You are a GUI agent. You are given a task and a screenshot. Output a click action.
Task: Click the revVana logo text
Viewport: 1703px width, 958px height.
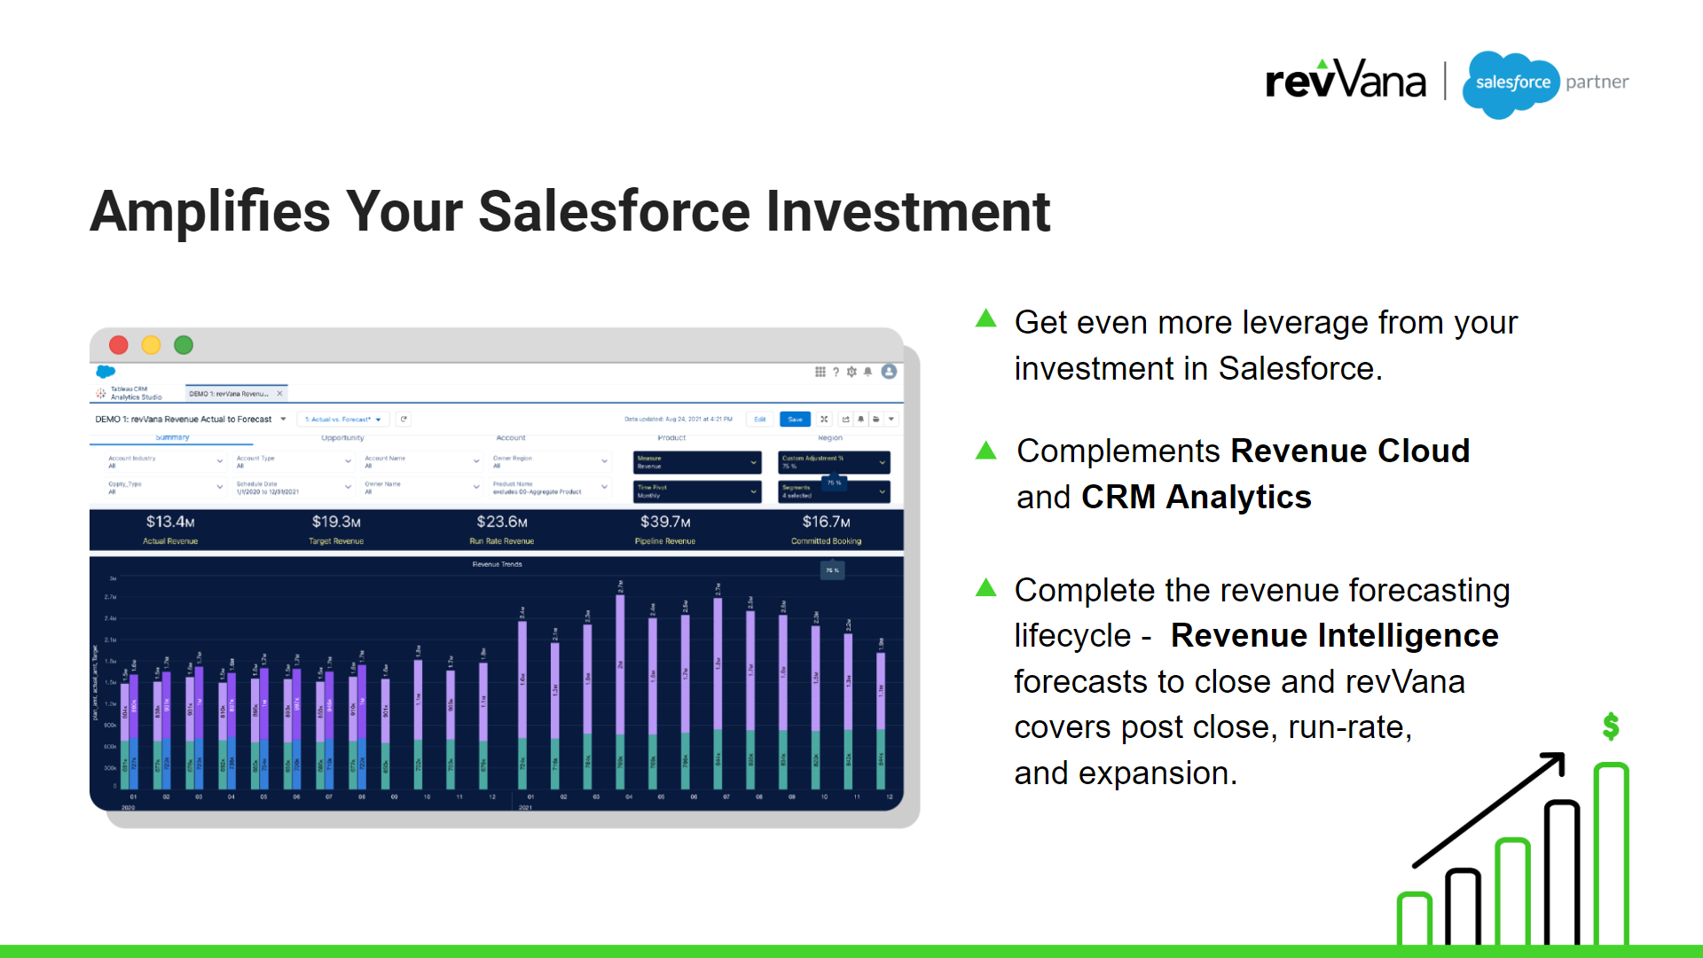click(x=1345, y=82)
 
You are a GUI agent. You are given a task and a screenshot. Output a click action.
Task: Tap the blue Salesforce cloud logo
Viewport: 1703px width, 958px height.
click(x=1511, y=83)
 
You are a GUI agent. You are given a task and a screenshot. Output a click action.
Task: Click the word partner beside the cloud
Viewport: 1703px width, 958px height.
click(x=1597, y=82)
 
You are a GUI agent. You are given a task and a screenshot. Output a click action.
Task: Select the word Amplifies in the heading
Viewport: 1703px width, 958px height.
click(x=210, y=212)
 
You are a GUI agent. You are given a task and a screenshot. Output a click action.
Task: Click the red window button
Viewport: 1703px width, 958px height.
click(x=119, y=345)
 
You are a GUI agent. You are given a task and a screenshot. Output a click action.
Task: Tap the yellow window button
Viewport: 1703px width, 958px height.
click(x=152, y=345)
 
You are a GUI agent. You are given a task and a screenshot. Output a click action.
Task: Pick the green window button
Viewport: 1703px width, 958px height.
click(x=184, y=345)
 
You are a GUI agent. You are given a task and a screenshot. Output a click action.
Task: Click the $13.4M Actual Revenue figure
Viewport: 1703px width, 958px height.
click(x=170, y=522)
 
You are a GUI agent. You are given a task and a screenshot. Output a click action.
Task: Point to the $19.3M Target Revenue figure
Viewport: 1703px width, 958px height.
click(x=336, y=522)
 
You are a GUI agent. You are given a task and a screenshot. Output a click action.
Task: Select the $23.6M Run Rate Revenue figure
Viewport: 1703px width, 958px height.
click(x=502, y=522)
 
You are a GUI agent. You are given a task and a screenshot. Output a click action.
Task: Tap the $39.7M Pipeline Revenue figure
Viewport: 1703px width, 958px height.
click(x=665, y=522)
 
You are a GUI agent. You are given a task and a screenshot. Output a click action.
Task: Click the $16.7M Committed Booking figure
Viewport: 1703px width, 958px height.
click(x=826, y=522)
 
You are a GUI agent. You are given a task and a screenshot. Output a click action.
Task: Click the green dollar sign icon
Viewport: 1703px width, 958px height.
click(x=1611, y=726)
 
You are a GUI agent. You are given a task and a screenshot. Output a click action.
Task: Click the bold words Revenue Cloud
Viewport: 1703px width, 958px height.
click(x=1350, y=451)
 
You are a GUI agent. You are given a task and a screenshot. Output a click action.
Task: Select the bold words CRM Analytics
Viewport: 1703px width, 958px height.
click(x=1196, y=497)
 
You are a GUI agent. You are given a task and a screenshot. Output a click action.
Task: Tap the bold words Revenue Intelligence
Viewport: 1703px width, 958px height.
click(x=1334, y=635)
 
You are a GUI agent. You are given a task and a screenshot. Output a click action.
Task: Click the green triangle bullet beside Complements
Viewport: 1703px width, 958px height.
click(x=985, y=450)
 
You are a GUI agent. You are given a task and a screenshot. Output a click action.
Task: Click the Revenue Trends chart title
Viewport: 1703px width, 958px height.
click(x=497, y=564)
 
